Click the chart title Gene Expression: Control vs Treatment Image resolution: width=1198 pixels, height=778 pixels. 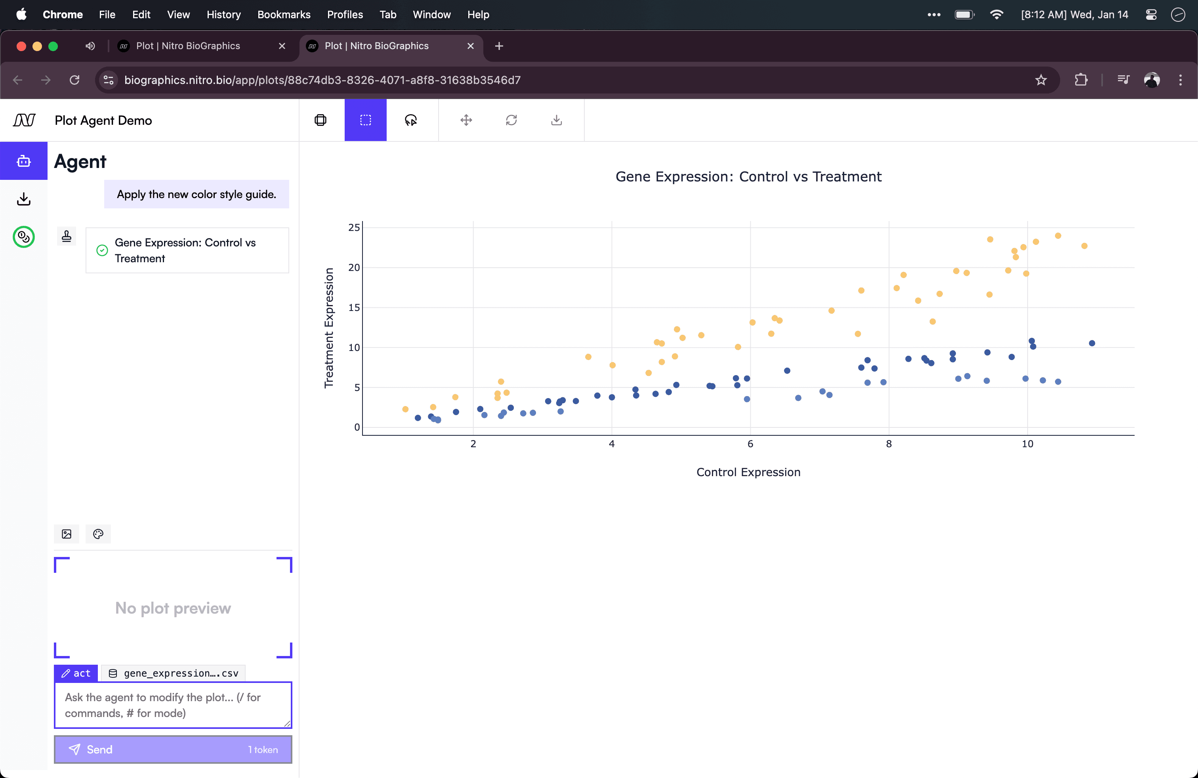(x=748, y=177)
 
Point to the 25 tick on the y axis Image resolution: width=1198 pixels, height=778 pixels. (x=354, y=227)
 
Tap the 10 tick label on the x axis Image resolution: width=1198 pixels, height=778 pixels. (x=1027, y=444)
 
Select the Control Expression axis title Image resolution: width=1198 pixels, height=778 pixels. (x=748, y=472)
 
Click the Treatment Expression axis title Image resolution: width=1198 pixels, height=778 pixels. (x=329, y=328)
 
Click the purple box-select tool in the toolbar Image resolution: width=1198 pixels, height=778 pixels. (x=365, y=120)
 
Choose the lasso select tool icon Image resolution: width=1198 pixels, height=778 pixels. (x=411, y=120)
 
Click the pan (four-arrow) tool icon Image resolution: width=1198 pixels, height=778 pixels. (x=466, y=120)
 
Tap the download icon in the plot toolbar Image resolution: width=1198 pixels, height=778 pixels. (x=556, y=120)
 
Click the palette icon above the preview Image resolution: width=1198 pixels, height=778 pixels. (x=98, y=534)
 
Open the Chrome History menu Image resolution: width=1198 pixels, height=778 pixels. (x=223, y=15)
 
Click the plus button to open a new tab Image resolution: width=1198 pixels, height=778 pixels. (x=499, y=46)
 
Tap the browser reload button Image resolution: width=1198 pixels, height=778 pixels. (x=74, y=80)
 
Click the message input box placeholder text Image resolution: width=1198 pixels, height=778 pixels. (x=162, y=705)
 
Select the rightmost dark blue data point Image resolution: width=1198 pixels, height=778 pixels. (x=1092, y=343)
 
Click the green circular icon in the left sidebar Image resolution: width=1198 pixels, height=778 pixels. (x=24, y=236)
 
